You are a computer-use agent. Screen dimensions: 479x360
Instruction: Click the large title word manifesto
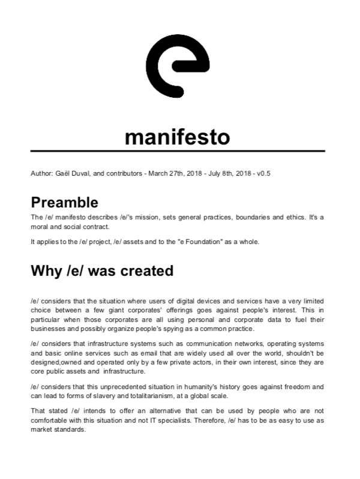pyautogui.click(x=178, y=136)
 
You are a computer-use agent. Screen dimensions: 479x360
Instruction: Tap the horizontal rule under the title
pyautogui.click(x=178, y=151)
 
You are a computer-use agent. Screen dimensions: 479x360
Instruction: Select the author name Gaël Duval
pyautogui.click(x=71, y=174)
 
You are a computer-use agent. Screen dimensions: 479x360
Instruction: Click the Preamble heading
pyautogui.click(x=64, y=202)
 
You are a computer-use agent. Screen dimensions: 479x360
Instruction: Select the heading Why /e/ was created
pyautogui.click(x=102, y=270)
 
